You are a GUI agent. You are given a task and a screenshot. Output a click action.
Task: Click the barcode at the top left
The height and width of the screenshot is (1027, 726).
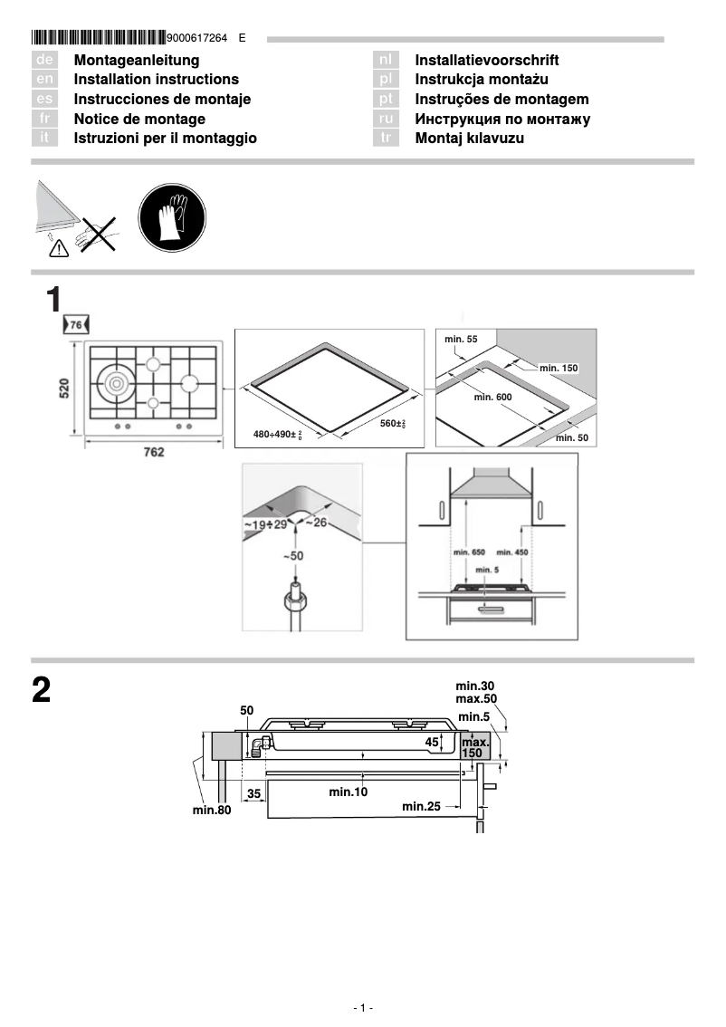click(99, 38)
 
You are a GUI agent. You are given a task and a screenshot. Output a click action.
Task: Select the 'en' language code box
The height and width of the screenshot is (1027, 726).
click(44, 80)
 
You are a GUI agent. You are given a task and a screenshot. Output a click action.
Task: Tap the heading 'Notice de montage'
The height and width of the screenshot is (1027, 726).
click(139, 119)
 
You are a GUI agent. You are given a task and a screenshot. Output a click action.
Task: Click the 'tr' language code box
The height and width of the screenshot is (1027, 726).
click(386, 139)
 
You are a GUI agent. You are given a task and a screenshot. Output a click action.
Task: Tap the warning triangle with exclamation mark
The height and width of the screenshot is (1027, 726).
click(58, 245)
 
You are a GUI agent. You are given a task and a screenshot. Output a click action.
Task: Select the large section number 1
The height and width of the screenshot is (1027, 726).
click(54, 300)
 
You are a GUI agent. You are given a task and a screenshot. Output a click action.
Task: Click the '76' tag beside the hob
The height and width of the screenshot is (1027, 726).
click(76, 324)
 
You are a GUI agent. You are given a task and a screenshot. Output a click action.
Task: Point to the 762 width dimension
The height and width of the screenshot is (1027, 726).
click(154, 452)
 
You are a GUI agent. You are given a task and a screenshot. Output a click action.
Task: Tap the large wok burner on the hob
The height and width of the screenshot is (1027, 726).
click(119, 383)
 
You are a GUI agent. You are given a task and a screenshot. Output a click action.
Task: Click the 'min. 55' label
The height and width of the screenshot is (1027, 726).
click(461, 339)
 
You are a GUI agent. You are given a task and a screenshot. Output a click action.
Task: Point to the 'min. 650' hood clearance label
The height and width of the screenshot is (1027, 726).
click(468, 552)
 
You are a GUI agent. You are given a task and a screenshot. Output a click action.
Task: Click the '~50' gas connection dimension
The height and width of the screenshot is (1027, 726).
click(293, 554)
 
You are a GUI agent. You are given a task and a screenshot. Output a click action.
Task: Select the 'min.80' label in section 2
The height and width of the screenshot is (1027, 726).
click(212, 810)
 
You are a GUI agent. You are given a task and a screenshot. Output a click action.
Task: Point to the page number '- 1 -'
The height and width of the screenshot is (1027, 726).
click(363, 1008)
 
